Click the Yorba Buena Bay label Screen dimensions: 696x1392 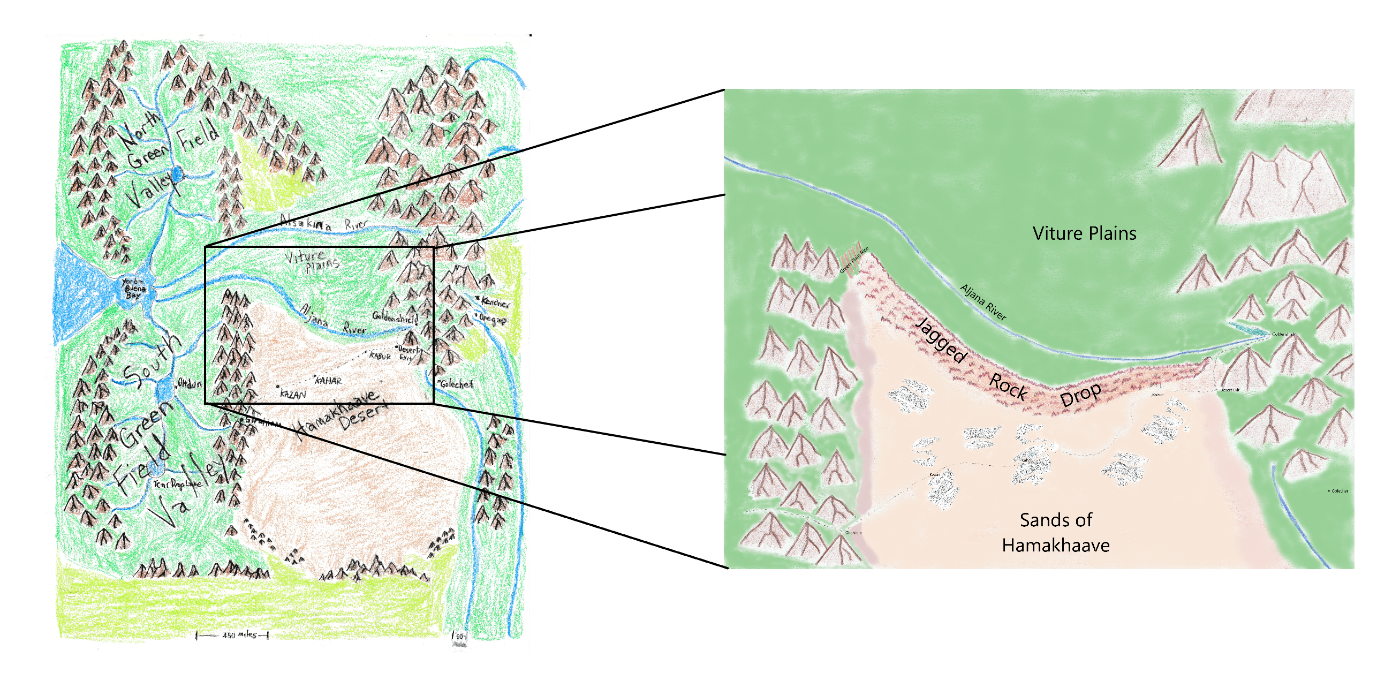coord(133,289)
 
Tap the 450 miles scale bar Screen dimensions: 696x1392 coord(232,635)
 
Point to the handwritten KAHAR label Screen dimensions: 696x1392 coord(329,381)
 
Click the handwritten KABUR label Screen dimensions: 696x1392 coord(380,356)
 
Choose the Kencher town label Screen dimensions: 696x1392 coord(495,302)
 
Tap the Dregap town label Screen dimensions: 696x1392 coord(493,319)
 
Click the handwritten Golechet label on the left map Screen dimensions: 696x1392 coord(456,384)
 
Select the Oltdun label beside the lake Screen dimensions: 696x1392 coord(190,384)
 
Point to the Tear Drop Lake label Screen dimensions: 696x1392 coord(177,483)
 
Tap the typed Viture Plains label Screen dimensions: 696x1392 coord(1084,233)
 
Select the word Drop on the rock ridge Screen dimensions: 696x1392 coord(1081,396)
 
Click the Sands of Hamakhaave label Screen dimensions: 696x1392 coord(1055,533)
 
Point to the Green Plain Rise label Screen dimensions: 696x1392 coord(854,260)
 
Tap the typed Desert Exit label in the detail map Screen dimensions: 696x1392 coord(1229,390)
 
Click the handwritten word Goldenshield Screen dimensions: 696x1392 coord(395,316)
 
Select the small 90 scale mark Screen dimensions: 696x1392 coord(459,637)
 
